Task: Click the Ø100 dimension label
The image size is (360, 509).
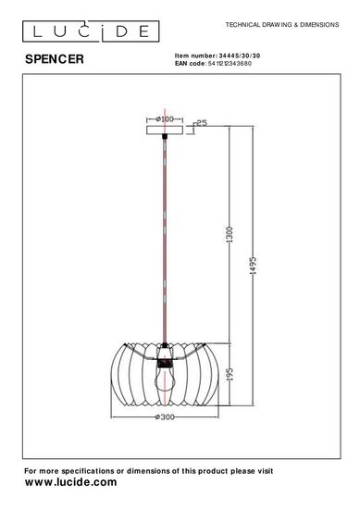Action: (x=166, y=119)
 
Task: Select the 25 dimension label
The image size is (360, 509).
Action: (x=201, y=122)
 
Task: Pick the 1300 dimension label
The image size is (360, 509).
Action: (x=230, y=236)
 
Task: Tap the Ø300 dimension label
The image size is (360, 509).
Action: (x=167, y=417)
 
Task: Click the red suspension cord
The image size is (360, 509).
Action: (x=166, y=241)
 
